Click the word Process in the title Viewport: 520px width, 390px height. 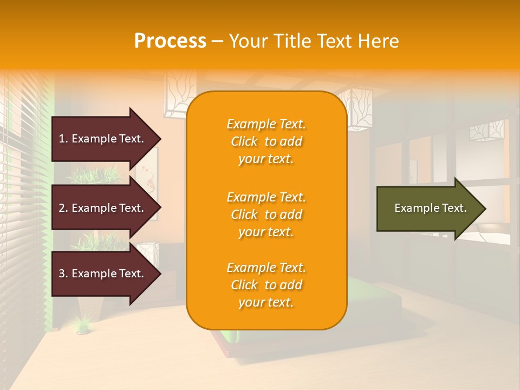coord(170,41)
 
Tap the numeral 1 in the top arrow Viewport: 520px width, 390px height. coord(62,139)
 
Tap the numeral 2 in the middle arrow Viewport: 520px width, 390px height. coord(62,208)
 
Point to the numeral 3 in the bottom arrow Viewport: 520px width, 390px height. coord(62,274)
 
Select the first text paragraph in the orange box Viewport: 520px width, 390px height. coord(266,141)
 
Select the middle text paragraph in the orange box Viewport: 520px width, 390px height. coord(266,214)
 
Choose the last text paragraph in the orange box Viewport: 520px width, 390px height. coord(266,285)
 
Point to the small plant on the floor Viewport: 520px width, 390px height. coord(83,325)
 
